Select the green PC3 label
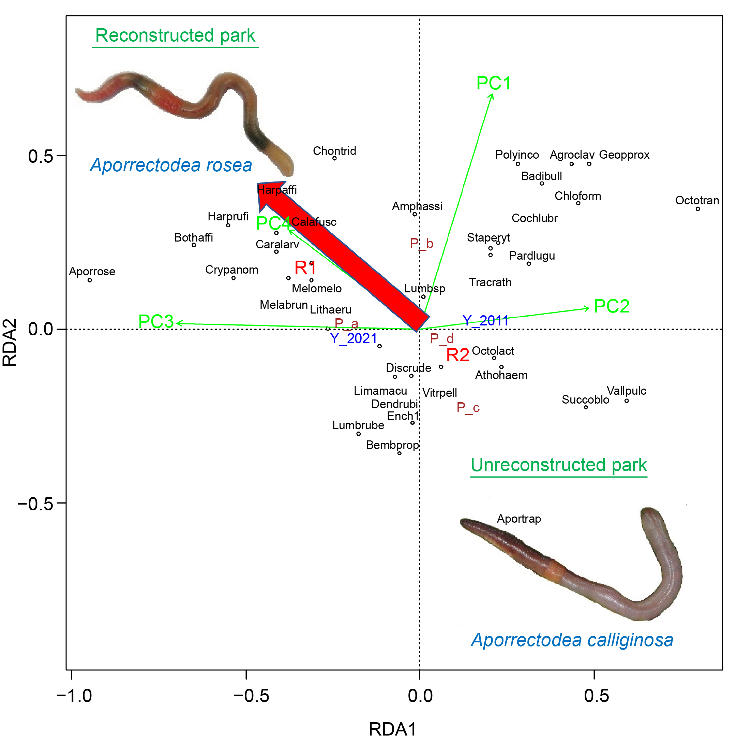(x=156, y=321)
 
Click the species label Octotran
(x=697, y=201)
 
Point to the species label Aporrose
(x=92, y=272)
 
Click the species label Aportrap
(x=519, y=519)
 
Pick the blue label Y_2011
(x=485, y=321)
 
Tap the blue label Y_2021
(x=353, y=338)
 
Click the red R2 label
(x=457, y=355)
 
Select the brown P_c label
(x=468, y=407)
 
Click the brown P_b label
(x=421, y=244)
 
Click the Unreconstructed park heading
(x=558, y=465)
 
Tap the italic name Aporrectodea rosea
(x=171, y=165)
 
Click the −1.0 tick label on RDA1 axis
(x=74, y=696)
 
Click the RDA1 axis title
(x=392, y=729)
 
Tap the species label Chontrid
(x=334, y=151)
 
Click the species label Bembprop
(x=392, y=445)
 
